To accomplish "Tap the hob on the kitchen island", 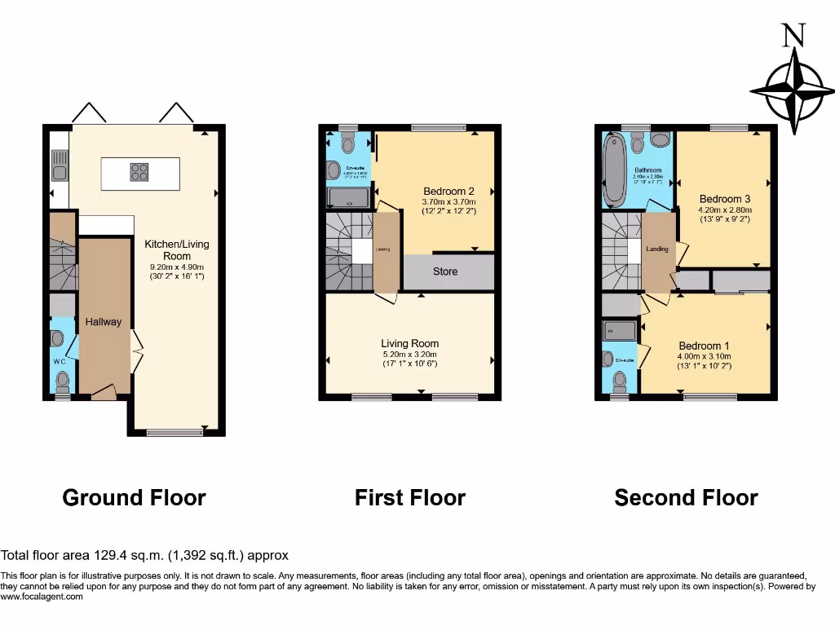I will [139, 172].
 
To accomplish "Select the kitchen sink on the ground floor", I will [59, 172].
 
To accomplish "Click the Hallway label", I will [104, 322].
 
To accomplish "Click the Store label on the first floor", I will [445, 271].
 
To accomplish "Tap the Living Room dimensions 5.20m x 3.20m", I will [409, 355].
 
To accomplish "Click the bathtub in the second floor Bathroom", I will [612, 171].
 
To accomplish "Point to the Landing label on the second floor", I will [657, 249].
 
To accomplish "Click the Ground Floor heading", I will [134, 497].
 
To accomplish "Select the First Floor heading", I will [409, 497].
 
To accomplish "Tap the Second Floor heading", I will [686, 497].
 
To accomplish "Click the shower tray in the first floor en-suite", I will [348, 197].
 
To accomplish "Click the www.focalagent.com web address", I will [42, 597].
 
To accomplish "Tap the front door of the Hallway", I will [104, 394].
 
